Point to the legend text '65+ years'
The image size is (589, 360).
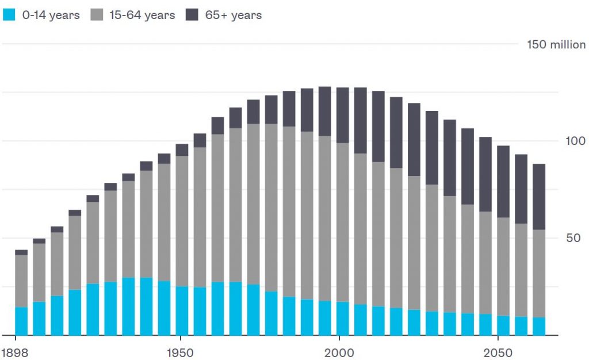[x=233, y=16]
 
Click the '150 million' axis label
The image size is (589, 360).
[x=556, y=45]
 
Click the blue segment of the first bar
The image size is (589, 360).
[x=21, y=321]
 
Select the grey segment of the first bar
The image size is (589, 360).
[x=21, y=281]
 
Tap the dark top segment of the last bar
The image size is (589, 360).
[x=539, y=197]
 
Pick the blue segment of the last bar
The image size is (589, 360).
[x=539, y=326]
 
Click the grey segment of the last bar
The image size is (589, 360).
[x=539, y=273]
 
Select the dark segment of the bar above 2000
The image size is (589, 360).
[x=343, y=115]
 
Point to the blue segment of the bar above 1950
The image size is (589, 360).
[x=182, y=311]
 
